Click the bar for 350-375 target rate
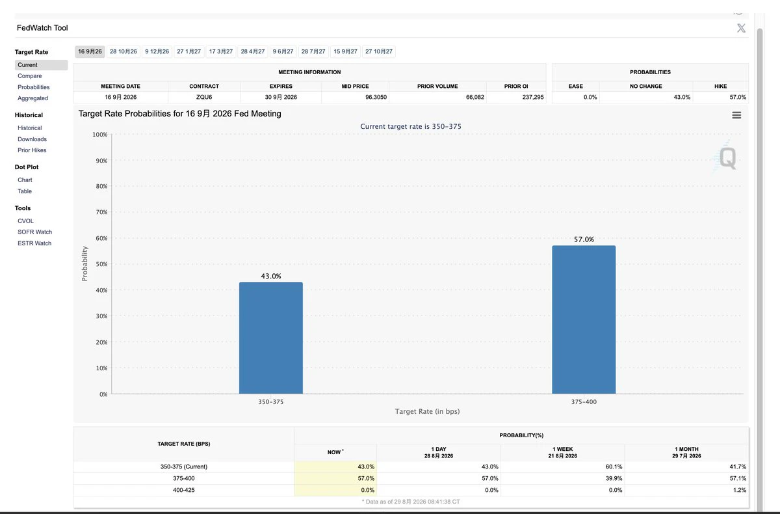point(270,338)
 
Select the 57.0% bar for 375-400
point(584,319)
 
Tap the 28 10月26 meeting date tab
point(123,51)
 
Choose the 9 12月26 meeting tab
point(157,51)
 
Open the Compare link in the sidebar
point(30,76)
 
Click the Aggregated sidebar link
point(32,98)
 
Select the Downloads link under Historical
point(32,139)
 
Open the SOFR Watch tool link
point(35,232)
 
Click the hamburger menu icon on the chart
point(736,115)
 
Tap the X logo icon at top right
point(742,28)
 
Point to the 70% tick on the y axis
point(101,212)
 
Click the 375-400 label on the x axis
point(584,402)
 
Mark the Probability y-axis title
point(84,264)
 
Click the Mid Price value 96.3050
point(376,97)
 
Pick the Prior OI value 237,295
point(533,97)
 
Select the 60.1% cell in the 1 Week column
point(614,467)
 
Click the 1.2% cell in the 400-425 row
point(739,490)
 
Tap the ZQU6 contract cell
point(204,97)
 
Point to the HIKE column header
point(720,86)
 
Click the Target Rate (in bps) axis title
point(427,412)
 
